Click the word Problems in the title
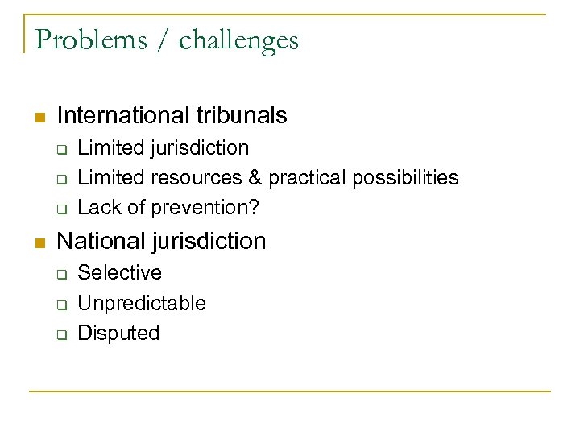click(x=87, y=39)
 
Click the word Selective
click(x=119, y=273)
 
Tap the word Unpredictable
click(x=142, y=303)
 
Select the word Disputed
click(x=119, y=333)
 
